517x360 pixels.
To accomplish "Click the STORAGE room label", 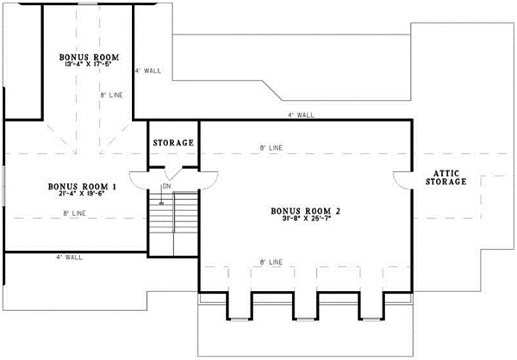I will pyautogui.click(x=173, y=142).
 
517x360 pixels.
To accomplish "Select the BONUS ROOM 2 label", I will pyautogui.click(x=306, y=210).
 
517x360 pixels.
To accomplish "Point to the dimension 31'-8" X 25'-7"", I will pyautogui.click(x=306, y=220).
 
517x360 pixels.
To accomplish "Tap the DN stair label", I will pyautogui.click(x=166, y=186).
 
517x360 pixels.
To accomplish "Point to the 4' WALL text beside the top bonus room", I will pyautogui.click(x=147, y=71).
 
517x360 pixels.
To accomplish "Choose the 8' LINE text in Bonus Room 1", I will pyautogui.click(x=75, y=213).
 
